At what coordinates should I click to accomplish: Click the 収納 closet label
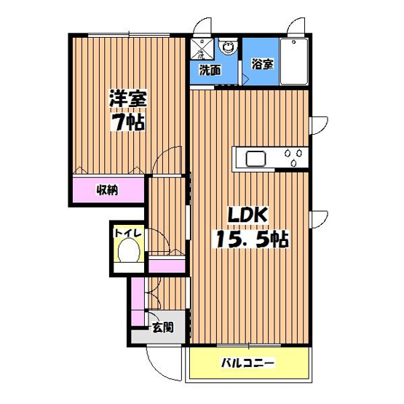108,191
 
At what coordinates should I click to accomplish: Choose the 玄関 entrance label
162,328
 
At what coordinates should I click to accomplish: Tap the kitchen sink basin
256,157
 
